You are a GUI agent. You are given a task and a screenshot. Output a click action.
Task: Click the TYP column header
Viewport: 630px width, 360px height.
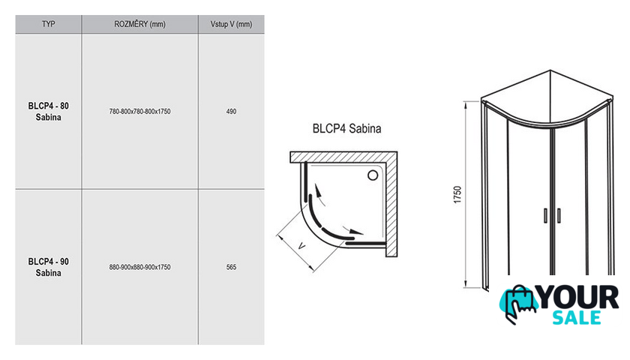pos(48,24)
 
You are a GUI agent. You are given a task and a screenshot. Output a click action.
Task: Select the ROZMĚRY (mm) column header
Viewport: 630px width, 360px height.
pos(139,24)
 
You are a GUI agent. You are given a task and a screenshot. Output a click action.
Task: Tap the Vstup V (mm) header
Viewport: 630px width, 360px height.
pos(231,24)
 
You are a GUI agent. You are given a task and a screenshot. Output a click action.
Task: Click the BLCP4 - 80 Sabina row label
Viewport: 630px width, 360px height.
pos(48,111)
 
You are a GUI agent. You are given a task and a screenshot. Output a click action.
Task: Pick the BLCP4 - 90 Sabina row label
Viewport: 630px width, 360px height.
pos(48,267)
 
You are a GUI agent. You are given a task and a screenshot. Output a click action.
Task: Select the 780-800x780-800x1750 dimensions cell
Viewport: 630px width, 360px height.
pos(139,111)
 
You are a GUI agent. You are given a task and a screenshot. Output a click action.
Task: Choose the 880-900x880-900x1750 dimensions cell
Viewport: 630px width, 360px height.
pos(139,267)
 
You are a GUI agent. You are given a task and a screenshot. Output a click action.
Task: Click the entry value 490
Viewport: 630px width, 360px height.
pos(231,111)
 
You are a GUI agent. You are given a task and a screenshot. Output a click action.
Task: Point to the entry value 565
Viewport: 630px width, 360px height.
pos(231,267)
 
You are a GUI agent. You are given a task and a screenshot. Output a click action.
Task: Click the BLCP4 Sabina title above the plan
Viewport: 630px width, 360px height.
pos(346,128)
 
